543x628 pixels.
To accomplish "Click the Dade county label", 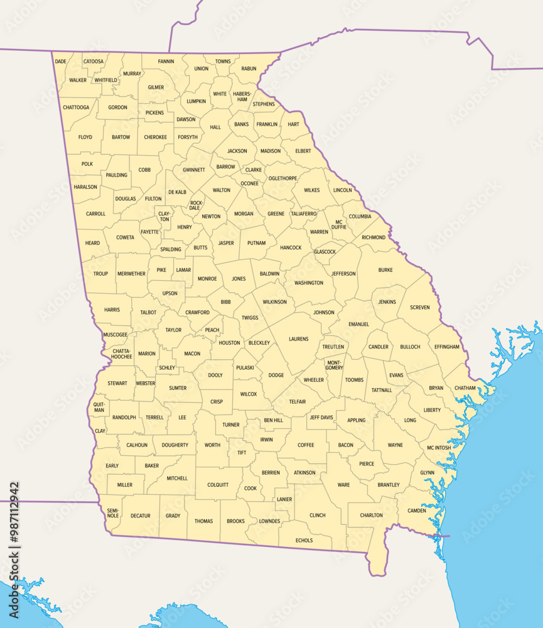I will pyautogui.click(x=60, y=62).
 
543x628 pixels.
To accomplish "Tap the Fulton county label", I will pyautogui.click(x=153, y=198).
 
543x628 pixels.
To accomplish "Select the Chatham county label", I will pyautogui.click(x=465, y=388).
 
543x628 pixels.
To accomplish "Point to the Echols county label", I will pyautogui.click(x=304, y=540).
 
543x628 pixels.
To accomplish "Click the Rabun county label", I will pyautogui.click(x=249, y=68).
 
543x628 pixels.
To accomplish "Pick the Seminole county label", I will pyautogui.click(x=113, y=512).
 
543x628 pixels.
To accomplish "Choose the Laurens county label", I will pyautogui.click(x=299, y=339).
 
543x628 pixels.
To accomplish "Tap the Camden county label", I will pyautogui.click(x=417, y=511).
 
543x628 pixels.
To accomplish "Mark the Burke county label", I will pyautogui.click(x=385, y=270).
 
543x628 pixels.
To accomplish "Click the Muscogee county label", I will pyautogui.click(x=115, y=335).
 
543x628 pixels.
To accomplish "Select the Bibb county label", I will pyautogui.click(x=226, y=302).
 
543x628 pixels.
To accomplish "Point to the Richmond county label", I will pyautogui.click(x=374, y=237).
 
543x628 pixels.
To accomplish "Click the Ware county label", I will pyautogui.click(x=343, y=485).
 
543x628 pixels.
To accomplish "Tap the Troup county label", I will pyautogui.click(x=100, y=274).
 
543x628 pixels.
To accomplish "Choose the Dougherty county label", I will pyautogui.click(x=175, y=445).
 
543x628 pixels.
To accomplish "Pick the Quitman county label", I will pyautogui.click(x=99, y=407).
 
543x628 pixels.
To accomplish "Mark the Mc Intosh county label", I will pyautogui.click(x=439, y=448).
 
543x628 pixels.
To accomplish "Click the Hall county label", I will pyautogui.click(x=215, y=127).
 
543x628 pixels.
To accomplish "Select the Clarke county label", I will pyautogui.click(x=254, y=170).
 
